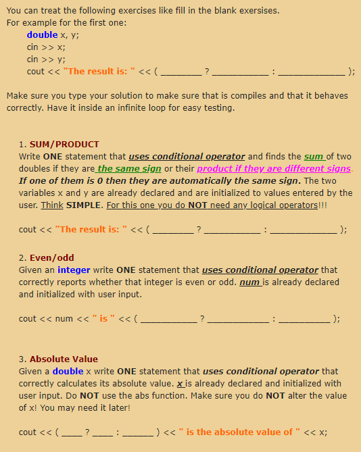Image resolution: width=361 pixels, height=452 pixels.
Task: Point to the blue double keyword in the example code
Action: tap(41, 34)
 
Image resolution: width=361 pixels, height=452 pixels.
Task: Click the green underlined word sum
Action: tap(314, 156)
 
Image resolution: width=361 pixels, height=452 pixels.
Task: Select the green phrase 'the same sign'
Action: tap(129, 168)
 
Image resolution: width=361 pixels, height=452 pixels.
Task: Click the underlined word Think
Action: tap(52, 205)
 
